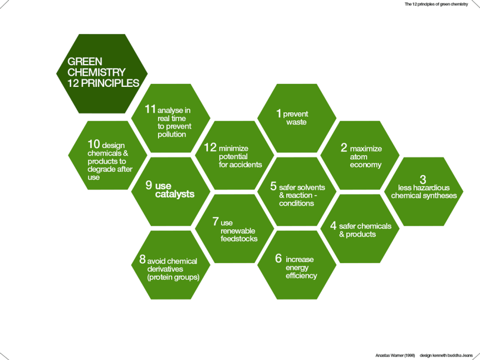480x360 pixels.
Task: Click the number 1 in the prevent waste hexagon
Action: [279, 113]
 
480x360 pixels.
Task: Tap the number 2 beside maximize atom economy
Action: [344, 147]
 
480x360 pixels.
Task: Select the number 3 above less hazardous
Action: [423, 180]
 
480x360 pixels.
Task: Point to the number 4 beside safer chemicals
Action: [333, 225]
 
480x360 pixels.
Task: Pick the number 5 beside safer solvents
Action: [273, 186]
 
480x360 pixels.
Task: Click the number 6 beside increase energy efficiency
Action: [278, 259]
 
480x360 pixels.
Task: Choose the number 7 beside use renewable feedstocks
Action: [215, 221]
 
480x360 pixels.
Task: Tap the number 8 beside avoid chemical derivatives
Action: [142, 259]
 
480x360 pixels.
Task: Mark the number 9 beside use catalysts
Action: [149, 185]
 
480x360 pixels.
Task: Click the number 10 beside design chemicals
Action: [94, 144]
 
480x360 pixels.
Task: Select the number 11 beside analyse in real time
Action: [150, 109]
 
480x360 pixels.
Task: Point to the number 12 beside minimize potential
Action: [210, 147]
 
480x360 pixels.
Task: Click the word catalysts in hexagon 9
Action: [175, 194]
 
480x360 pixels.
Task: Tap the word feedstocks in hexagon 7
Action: [239, 239]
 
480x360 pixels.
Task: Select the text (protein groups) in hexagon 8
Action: [173, 277]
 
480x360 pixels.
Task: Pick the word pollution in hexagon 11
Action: [172, 134]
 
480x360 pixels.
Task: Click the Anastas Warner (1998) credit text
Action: [395, 354]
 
